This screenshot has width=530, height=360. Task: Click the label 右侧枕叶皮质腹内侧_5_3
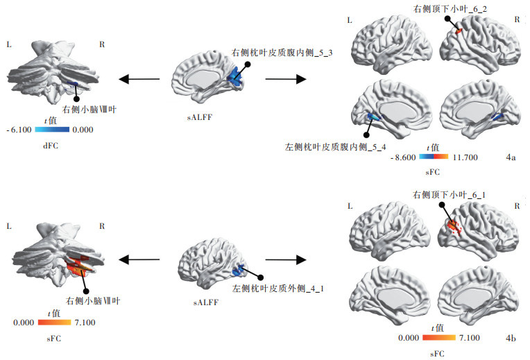coord(282,53)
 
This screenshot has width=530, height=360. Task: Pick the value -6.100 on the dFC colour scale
coord(17,130)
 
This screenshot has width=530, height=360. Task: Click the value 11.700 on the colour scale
coord(463,158)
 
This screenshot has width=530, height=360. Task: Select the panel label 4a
coord(511,158)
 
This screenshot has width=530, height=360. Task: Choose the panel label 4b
coord(511,338)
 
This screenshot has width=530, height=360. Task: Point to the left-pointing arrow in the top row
coord(139,79)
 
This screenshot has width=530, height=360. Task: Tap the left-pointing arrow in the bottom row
coord(139,259)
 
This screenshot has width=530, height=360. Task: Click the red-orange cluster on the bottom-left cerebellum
coord(78,264)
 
